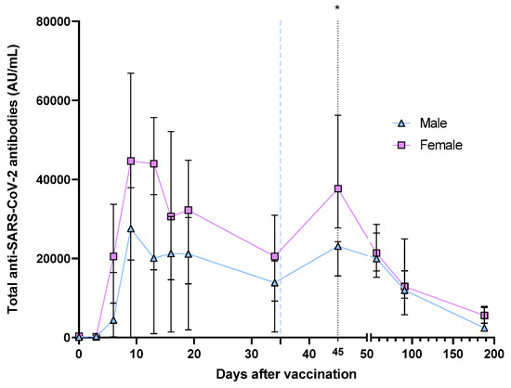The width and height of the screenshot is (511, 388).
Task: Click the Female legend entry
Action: [x=431, y=145]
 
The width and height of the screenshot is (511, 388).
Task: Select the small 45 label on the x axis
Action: [x=337, y=351]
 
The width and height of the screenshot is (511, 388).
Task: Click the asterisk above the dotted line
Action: [x=337, y=8]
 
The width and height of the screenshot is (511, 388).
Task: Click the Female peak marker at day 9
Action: [x=131, y=161]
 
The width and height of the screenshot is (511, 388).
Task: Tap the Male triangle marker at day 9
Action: [x=131, y=228]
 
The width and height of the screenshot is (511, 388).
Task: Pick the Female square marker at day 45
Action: [x=338, y=188]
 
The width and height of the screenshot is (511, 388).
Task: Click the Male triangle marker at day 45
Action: [x=338, y=246]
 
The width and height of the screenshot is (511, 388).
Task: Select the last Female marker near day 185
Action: [x=484, y=316]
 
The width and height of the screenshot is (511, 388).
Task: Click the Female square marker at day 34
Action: [x=275, y=257]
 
